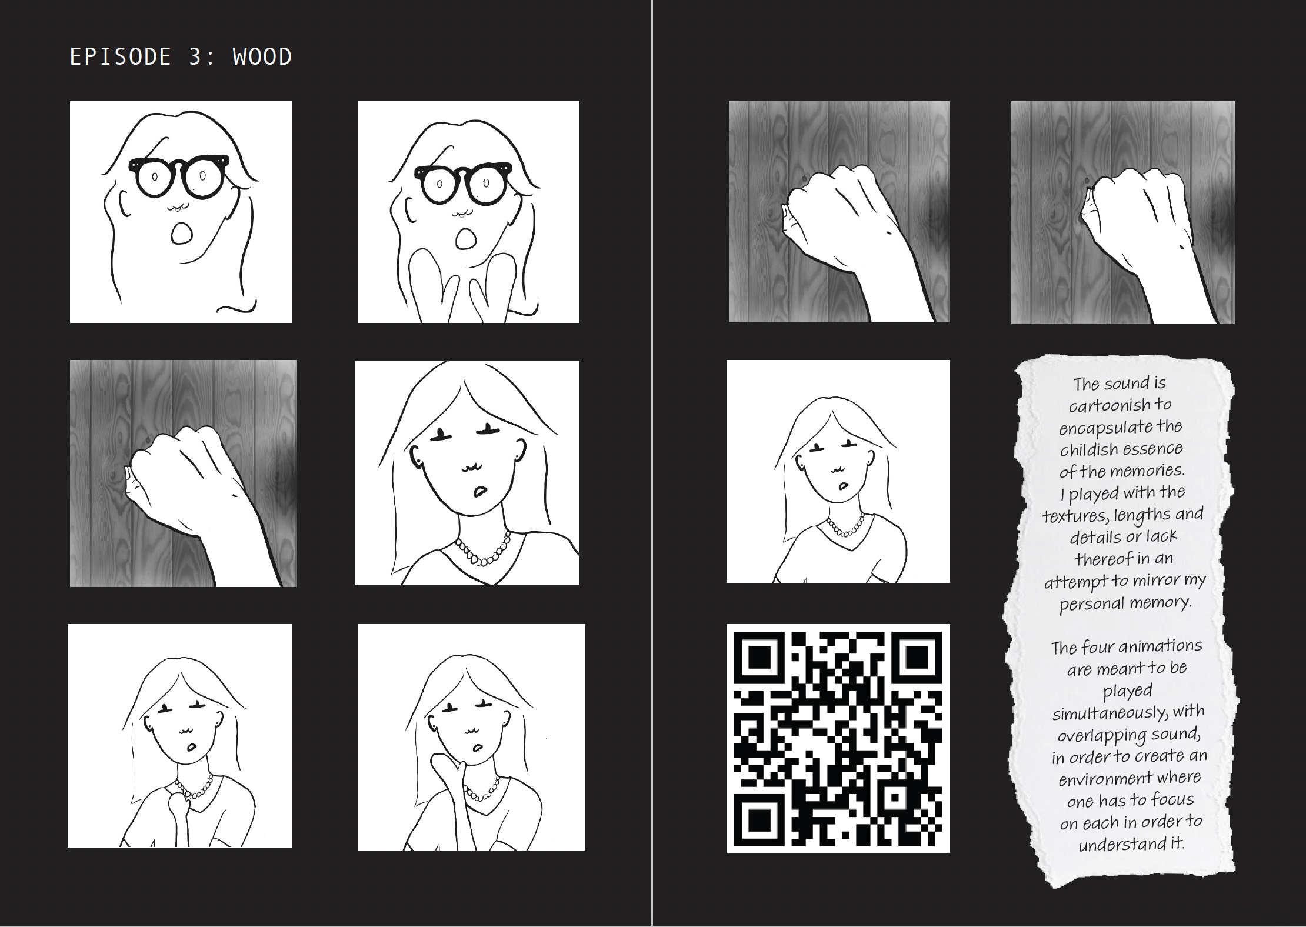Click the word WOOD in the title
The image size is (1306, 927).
pos(262,57)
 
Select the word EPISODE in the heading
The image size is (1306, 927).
pos(121,57)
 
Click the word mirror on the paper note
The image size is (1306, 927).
pos(1157,581)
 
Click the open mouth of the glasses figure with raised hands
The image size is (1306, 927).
pos(467,238)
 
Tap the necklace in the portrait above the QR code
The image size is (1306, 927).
pos(846,525)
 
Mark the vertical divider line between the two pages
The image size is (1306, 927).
pos(652,463)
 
